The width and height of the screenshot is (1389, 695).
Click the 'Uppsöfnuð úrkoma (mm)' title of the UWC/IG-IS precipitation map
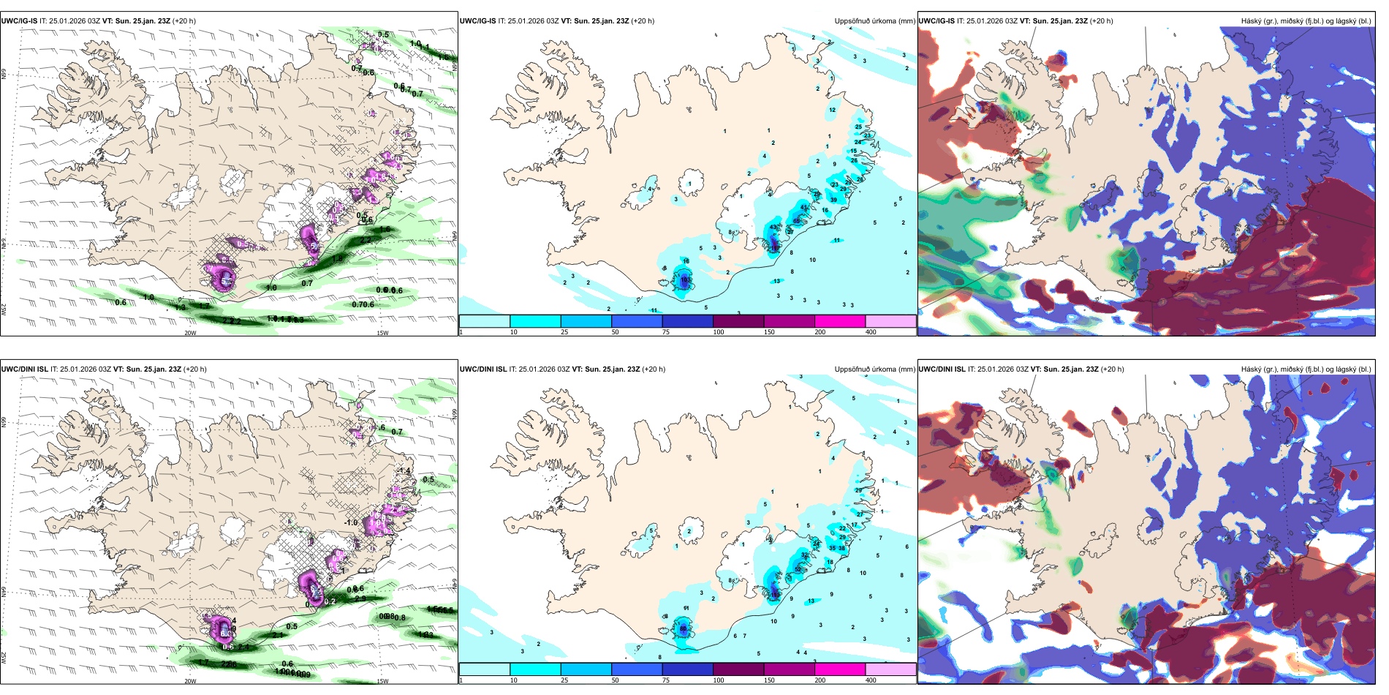[874, 21]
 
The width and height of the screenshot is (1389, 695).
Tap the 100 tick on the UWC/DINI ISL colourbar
[719, 680]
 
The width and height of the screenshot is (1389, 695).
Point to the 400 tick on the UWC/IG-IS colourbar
[871, 332]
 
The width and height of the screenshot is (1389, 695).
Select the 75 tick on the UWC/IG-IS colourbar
[666, 332]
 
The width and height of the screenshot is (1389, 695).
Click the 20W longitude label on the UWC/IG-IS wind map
[190, 333]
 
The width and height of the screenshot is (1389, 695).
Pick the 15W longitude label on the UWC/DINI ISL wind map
[382, 681]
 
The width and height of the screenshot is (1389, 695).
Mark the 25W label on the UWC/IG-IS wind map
[4, 309]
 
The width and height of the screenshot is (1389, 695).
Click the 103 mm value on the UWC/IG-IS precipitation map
[686, 279]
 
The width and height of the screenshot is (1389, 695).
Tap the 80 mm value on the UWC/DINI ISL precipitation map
[684, 628]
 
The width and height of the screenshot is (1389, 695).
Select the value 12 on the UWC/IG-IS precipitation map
[832, 110]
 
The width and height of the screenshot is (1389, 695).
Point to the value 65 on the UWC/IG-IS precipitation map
[797, 221]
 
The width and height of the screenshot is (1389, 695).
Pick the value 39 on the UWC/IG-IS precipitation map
[833, 200]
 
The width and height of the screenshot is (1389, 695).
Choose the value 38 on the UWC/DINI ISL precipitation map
[842, 548]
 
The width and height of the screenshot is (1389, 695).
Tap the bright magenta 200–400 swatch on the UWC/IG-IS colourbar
[839, 321]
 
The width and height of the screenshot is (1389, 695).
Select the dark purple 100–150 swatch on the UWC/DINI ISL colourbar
[738, 669]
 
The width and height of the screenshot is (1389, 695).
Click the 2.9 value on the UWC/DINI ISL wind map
[360, 598]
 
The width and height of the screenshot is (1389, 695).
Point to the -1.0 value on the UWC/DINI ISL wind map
[351, 522]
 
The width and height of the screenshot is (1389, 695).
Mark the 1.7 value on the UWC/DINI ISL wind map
[204, 662]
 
